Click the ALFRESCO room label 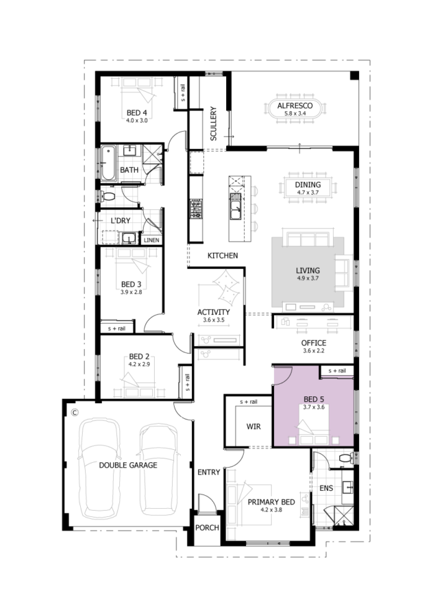pos(295,106)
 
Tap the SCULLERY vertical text pos(213,123)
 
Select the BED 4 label pos(136,113)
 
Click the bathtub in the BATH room pos(108,163)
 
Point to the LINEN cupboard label pos(151,241)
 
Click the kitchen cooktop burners pos(196,209)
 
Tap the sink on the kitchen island pos(235,206)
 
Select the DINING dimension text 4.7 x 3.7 pos(308,193)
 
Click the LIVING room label pos(308,271)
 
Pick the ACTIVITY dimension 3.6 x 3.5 pos(214,320)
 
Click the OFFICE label pos(314,343)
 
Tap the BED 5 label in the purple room pos(313,399)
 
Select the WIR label pos(253,426)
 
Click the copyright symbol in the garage pos(75,413)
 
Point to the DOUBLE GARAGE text pos(128,465)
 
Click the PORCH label pos(207,527)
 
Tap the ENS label pos(326,488)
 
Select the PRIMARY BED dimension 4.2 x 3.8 pos(271,509)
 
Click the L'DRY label pos(121,221)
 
